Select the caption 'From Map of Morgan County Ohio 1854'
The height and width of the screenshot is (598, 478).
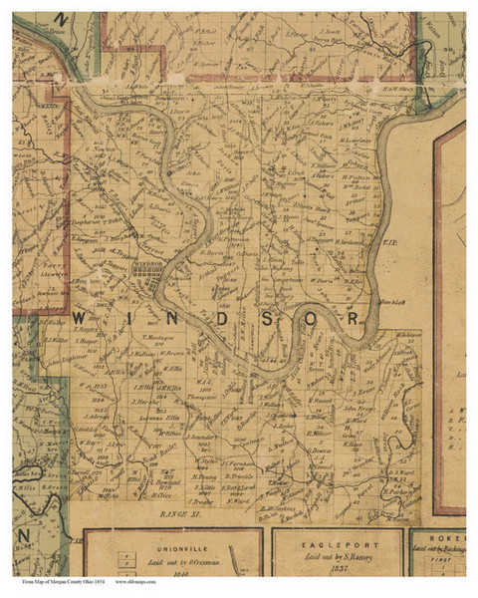click(x=62, y=581)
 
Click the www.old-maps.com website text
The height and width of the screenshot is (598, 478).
click(x=139, y=581)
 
